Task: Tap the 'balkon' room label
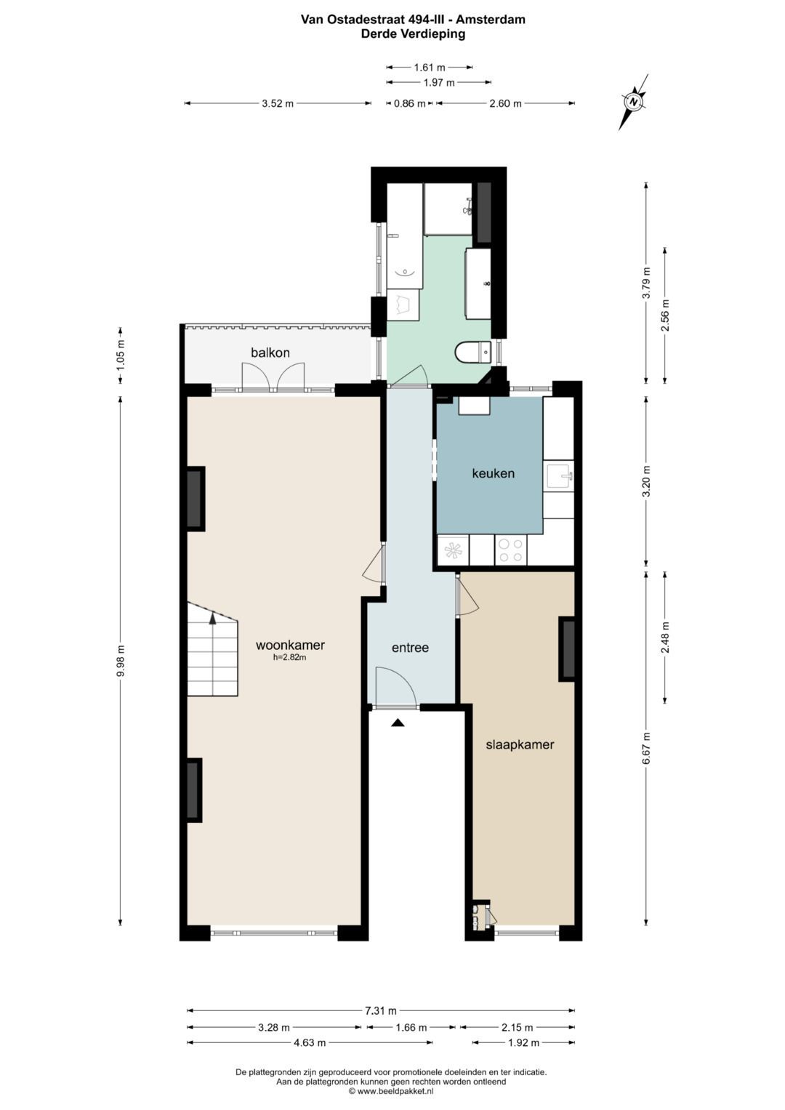click(270, 353)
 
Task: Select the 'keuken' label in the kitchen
click(493, 474)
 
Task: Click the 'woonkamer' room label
click(290, 646)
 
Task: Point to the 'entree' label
click(410, 648)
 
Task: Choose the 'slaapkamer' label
click(520, 745)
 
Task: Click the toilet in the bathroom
click(473, 353)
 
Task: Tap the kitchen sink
click(559, 478)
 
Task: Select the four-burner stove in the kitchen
click(510, 550)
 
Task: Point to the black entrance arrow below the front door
click(398, 723)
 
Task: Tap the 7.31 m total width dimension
click(381, 1010)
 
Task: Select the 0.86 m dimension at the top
click(409, 103)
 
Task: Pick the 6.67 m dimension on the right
click(645, 748)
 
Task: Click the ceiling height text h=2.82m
click(289, 658)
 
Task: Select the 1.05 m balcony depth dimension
click(121, 354)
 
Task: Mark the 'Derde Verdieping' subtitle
click(413, 33)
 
